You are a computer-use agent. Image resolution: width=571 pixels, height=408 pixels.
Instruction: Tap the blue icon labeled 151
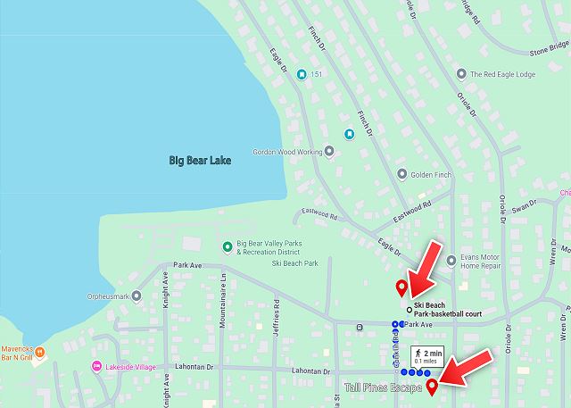302,74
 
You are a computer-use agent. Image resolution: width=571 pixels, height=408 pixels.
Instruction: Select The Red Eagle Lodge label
501,74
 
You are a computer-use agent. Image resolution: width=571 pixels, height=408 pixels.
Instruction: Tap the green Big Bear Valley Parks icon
228,246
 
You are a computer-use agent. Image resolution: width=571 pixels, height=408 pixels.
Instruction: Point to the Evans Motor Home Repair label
486,262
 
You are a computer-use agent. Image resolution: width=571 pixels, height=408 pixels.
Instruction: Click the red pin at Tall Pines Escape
433,386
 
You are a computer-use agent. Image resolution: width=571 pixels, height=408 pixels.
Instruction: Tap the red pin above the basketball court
401,287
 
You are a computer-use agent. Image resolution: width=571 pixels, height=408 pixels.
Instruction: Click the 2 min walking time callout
427,356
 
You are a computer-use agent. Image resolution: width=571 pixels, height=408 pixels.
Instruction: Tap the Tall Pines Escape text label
384,387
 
